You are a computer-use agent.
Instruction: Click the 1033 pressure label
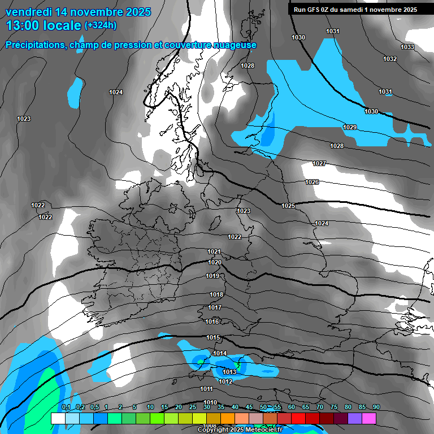point(407,47)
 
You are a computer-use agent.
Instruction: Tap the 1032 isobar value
point(390,59)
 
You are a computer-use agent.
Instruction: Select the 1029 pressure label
point(350,127)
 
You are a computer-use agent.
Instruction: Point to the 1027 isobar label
point(319,163)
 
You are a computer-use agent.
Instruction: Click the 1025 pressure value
point(288,206)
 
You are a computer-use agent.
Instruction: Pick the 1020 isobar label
point(215,262)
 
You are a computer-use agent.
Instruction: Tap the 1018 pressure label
point(216,294)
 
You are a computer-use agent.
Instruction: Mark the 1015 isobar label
point(213,337)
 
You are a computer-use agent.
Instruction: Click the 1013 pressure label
point(229,372)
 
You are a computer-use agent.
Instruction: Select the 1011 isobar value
point(206,389)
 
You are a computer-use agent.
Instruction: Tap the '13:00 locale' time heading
point(44,25)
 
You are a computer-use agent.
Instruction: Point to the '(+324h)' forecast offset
point(101,25)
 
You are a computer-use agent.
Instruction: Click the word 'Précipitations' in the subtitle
point(34,45)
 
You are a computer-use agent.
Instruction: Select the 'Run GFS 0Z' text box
point(355,9)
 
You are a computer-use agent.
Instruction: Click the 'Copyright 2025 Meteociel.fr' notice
point(241,429)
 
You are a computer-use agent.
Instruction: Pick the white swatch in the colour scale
point(58,418)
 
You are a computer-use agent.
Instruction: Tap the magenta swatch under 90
point(369,418)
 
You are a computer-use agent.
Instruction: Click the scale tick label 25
point(192,407)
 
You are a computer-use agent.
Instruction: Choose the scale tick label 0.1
point(66,407)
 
